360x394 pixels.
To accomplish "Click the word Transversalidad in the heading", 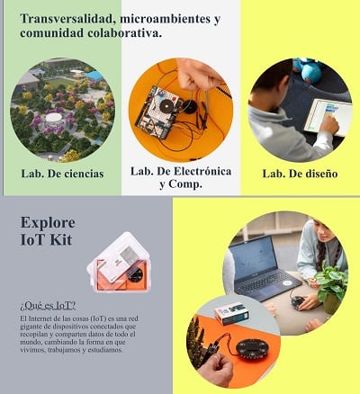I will pos(62,19).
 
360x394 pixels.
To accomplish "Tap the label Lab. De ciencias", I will pos(62,173).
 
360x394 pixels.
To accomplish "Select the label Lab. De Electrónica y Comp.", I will pos(181,177).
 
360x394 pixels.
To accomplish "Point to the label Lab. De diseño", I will pos(300,173).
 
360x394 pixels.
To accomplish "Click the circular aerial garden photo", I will pos(62,110).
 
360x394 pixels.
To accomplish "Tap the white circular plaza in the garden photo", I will pos(54,117).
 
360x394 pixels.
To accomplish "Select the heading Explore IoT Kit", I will pos(48,230).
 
